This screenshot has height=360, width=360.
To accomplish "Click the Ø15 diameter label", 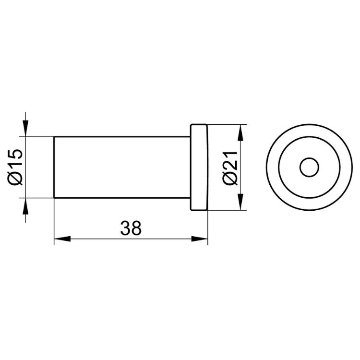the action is (15, 167).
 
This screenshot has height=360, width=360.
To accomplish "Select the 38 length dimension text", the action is (131, 228).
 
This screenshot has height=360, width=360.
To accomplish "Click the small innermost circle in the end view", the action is (309, 167).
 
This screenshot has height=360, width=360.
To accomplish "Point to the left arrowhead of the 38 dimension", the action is (62, 239).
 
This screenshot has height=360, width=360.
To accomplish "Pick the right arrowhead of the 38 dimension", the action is (200, 239).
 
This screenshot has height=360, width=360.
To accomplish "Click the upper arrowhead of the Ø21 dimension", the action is (240, 132).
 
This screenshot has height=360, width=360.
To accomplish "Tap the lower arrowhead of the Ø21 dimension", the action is (240, 202).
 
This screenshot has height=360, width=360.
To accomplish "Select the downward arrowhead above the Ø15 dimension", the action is (25, 128).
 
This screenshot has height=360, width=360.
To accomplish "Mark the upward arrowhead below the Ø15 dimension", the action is (25, 206).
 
